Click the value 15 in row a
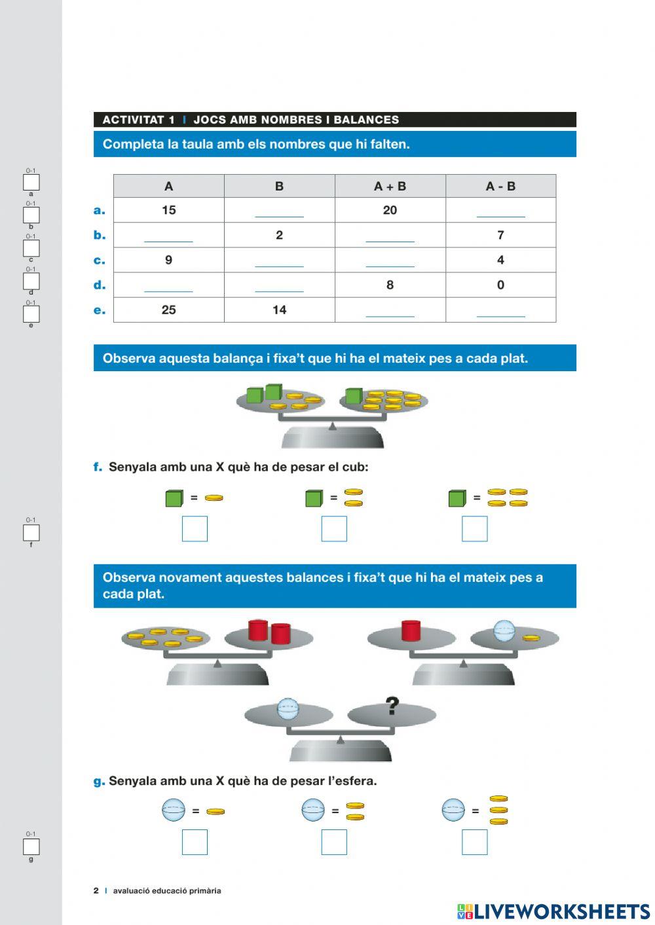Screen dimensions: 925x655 168,210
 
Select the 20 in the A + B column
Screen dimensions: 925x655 390,210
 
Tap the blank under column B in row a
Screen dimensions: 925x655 279,211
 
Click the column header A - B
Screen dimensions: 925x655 500,187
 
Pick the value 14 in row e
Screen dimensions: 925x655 279,310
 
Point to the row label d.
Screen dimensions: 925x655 100,285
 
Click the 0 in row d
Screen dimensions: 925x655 500,285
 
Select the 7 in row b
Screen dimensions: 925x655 500,235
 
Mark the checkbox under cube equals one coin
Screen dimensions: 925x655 195,529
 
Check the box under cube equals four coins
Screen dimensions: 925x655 474,529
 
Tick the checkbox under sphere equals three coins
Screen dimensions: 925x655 474,843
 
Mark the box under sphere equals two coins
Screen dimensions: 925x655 334,843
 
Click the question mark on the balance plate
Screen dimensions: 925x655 392,706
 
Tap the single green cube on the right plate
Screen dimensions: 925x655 354,396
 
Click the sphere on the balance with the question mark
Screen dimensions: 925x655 288,709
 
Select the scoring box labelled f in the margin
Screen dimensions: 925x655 31,533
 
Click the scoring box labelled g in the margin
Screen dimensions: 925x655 31,847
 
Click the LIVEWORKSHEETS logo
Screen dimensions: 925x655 553,911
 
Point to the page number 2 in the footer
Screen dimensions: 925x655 96,891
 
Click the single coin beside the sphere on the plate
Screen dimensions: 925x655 531,638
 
